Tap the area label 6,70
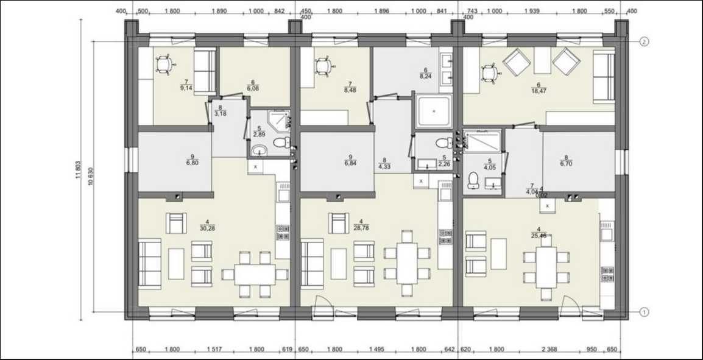[x=566, y=164]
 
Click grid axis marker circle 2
[x=644, y=41]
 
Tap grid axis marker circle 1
[x=644, y=312]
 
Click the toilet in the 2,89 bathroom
[x=280, y=143]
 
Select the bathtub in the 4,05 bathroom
[x=482, y=141]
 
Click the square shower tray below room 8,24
[x=433, y=111]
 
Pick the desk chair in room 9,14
[x=163, y=64]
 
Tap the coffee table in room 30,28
[x=176, y=263]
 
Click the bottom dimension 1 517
[x=213, y=349]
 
